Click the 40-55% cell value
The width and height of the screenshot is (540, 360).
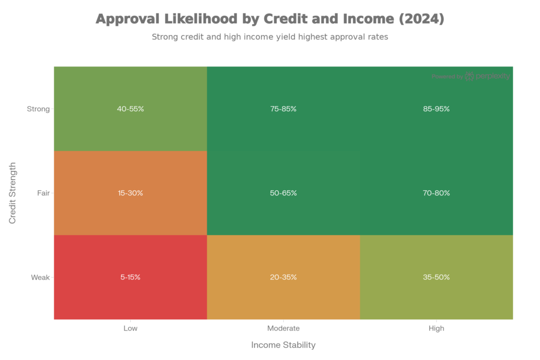pyautogui.click(x=130, y=109)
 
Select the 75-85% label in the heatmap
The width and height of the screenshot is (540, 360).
pyautogui.click(x=283, y=109)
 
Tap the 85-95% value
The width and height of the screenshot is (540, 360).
pyautogui.click(x=437, y=109)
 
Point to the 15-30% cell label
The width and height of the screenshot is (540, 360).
pyautogui.click(x=130, y=193)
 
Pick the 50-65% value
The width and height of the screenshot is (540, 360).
pyautogui.click(x=283, y=193)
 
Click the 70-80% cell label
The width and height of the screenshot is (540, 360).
pyautogui.click(x=437, y=193)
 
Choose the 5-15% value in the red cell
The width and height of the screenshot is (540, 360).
pyautogui.click(x=130, y=277)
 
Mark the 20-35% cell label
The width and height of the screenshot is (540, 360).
pyautogui.click(x=283, y=277)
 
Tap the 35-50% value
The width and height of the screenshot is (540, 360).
pyautogui.click(x=437, y=277)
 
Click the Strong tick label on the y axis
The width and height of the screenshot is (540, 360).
pyautogui.click(x=38, y=109)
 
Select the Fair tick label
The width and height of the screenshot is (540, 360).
pyautogui.click(x=43, y=193)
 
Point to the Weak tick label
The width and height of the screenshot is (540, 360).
pyautogui.click(x=40, y=277)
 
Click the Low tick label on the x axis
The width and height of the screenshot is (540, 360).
pyautogui.click(x=130, y=328)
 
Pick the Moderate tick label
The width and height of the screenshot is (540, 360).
pyautogui.click(x=283, y=328)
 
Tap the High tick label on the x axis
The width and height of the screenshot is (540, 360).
pyautogui.click(x=437, y=328)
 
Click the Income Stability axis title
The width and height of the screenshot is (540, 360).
pyautogui.click(x=283, y=345)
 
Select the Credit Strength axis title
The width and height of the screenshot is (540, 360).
pyautogui.click(x=13, y=193)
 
